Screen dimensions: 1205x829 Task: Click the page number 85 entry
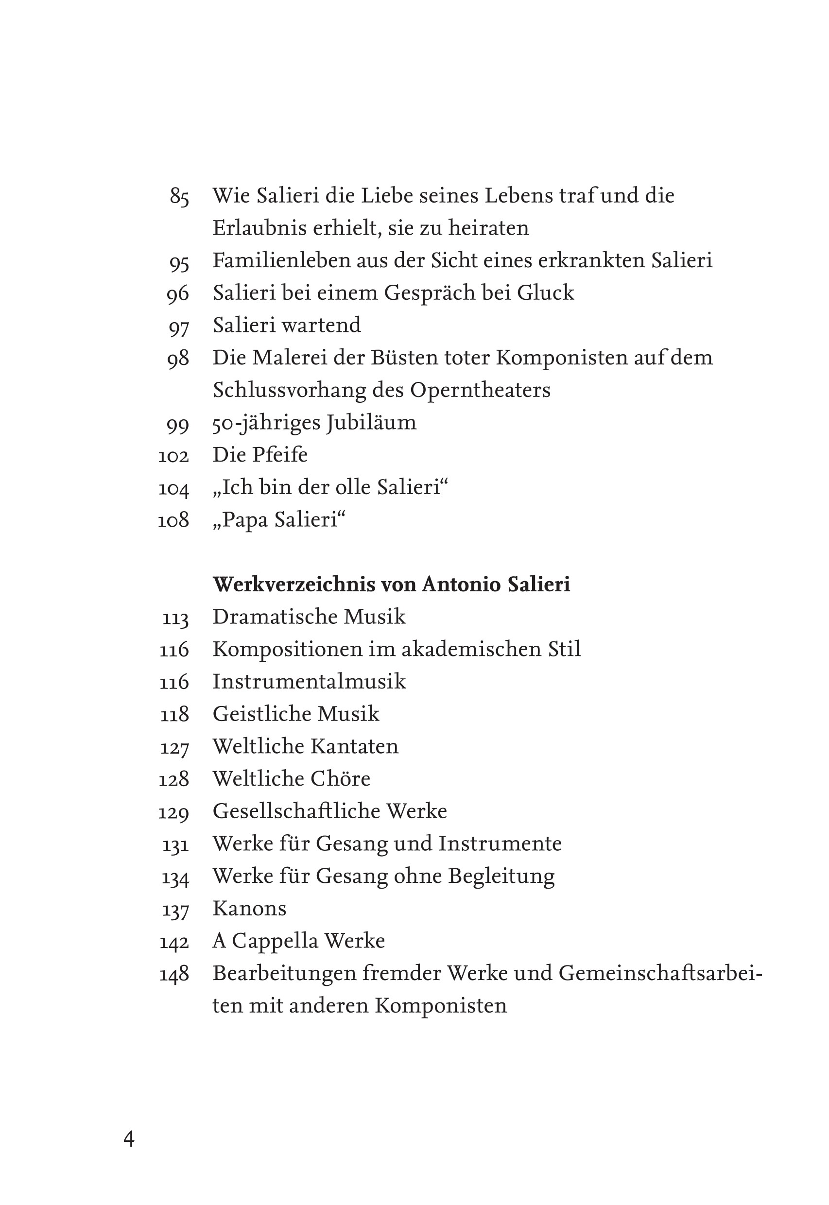[179, 197]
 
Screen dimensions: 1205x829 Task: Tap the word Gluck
[545, 293]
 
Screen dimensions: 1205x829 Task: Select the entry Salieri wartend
[287, 326]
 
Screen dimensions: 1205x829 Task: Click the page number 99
[178, 425]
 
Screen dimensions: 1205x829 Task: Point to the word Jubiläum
[371, 423]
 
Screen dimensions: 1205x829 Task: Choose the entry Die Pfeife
[259, 455]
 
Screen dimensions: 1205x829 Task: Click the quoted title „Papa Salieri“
[279, 520]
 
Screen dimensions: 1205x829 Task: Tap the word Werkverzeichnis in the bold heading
[294, 585]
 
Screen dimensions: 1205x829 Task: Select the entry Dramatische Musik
[309, 617]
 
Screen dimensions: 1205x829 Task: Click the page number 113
[175, 619]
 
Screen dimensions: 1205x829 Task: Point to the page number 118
[174, 715]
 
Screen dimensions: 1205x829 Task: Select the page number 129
[173, 813]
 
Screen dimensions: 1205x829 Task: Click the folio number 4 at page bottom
[129, 1139]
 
